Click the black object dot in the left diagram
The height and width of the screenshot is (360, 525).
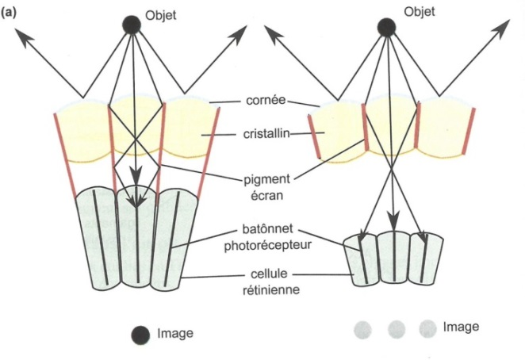[132, 25]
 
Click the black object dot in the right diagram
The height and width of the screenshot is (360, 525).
[386, 28]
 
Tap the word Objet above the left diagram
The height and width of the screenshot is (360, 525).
[161, 16]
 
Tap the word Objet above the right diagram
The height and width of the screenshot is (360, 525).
[420, 12]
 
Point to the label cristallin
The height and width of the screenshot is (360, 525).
[266, 134]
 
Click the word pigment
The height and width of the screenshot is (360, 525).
[266, 180]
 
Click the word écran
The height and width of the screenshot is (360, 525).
[266, 195]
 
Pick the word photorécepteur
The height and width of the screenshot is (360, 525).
[267, 246]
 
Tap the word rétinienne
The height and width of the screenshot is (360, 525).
[271, 289]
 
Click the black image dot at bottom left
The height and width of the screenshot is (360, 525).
[140, 335]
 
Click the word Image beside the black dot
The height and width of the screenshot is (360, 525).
[175, 334]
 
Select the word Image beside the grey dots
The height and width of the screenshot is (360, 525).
[461, 327]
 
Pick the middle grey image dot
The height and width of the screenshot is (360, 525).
[397, 329]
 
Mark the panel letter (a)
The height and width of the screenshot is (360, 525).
[9, 13]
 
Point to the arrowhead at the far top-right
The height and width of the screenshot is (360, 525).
[502, 27]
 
